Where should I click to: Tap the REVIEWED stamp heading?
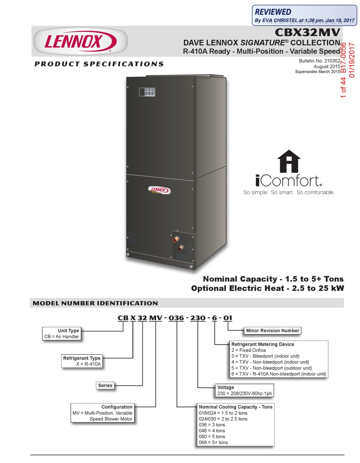tap(273, 12)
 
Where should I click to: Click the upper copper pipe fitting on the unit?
tap(176, 239)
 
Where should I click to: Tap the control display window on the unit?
tap(147, 91)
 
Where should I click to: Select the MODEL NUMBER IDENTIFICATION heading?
tap(95, 303)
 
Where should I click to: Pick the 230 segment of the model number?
tap(198, 318)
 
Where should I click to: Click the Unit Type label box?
tap(68, 331)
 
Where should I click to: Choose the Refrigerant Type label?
tap(82, 358)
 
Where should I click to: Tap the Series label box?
tap(105, 385)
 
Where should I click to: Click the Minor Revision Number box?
tap(272, 331)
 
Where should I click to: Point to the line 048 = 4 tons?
tap(212, 430)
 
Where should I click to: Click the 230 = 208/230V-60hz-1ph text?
tap(244, 393)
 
